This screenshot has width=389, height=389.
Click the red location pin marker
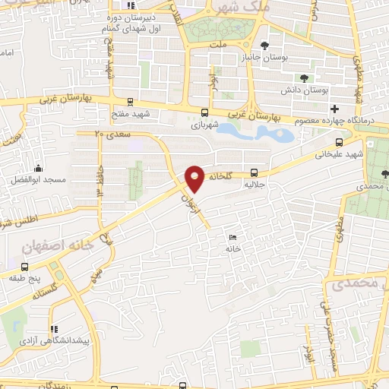(x=194, y=178)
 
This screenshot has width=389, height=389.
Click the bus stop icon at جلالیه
(x=255, y=173)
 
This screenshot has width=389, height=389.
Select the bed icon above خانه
(x=231, y=238)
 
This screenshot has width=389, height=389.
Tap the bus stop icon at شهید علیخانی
(x=339, y=141)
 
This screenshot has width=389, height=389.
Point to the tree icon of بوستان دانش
(x=305, y=78)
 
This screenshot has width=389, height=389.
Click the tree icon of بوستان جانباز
(x=264, y=45)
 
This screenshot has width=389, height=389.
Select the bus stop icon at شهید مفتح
(x=130, y=102)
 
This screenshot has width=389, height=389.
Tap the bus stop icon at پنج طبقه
(x=25, y=267)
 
